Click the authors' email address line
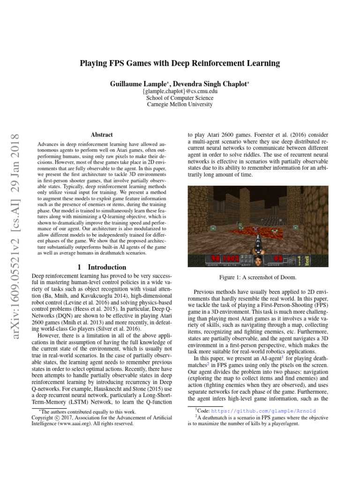click(x=180, y=91)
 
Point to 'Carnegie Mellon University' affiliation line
click(x=180, y=105)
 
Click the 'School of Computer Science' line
click(x=180, y=98)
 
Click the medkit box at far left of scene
click(x=213, y=228)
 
